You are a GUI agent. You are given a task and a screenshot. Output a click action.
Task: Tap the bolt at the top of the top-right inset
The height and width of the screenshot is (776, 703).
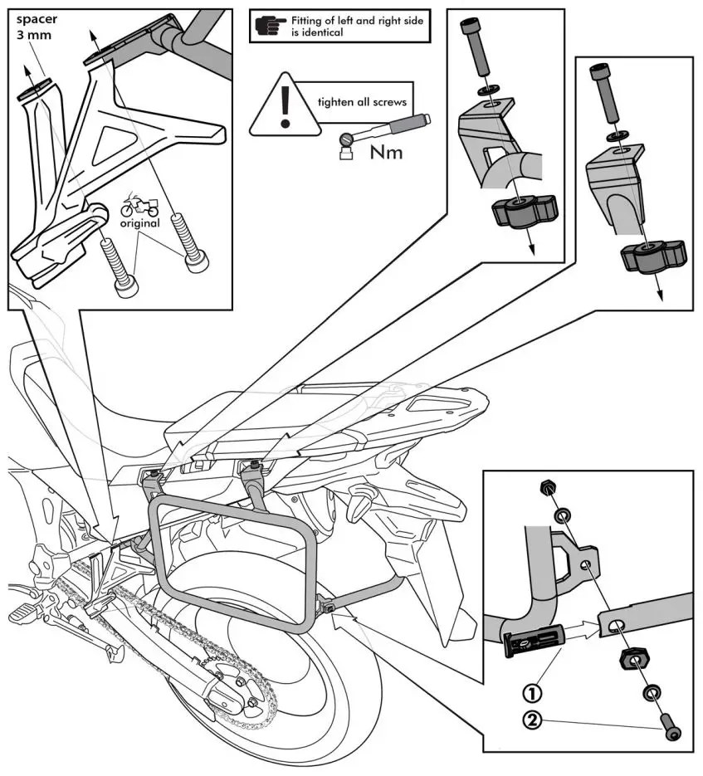click(602, 98)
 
